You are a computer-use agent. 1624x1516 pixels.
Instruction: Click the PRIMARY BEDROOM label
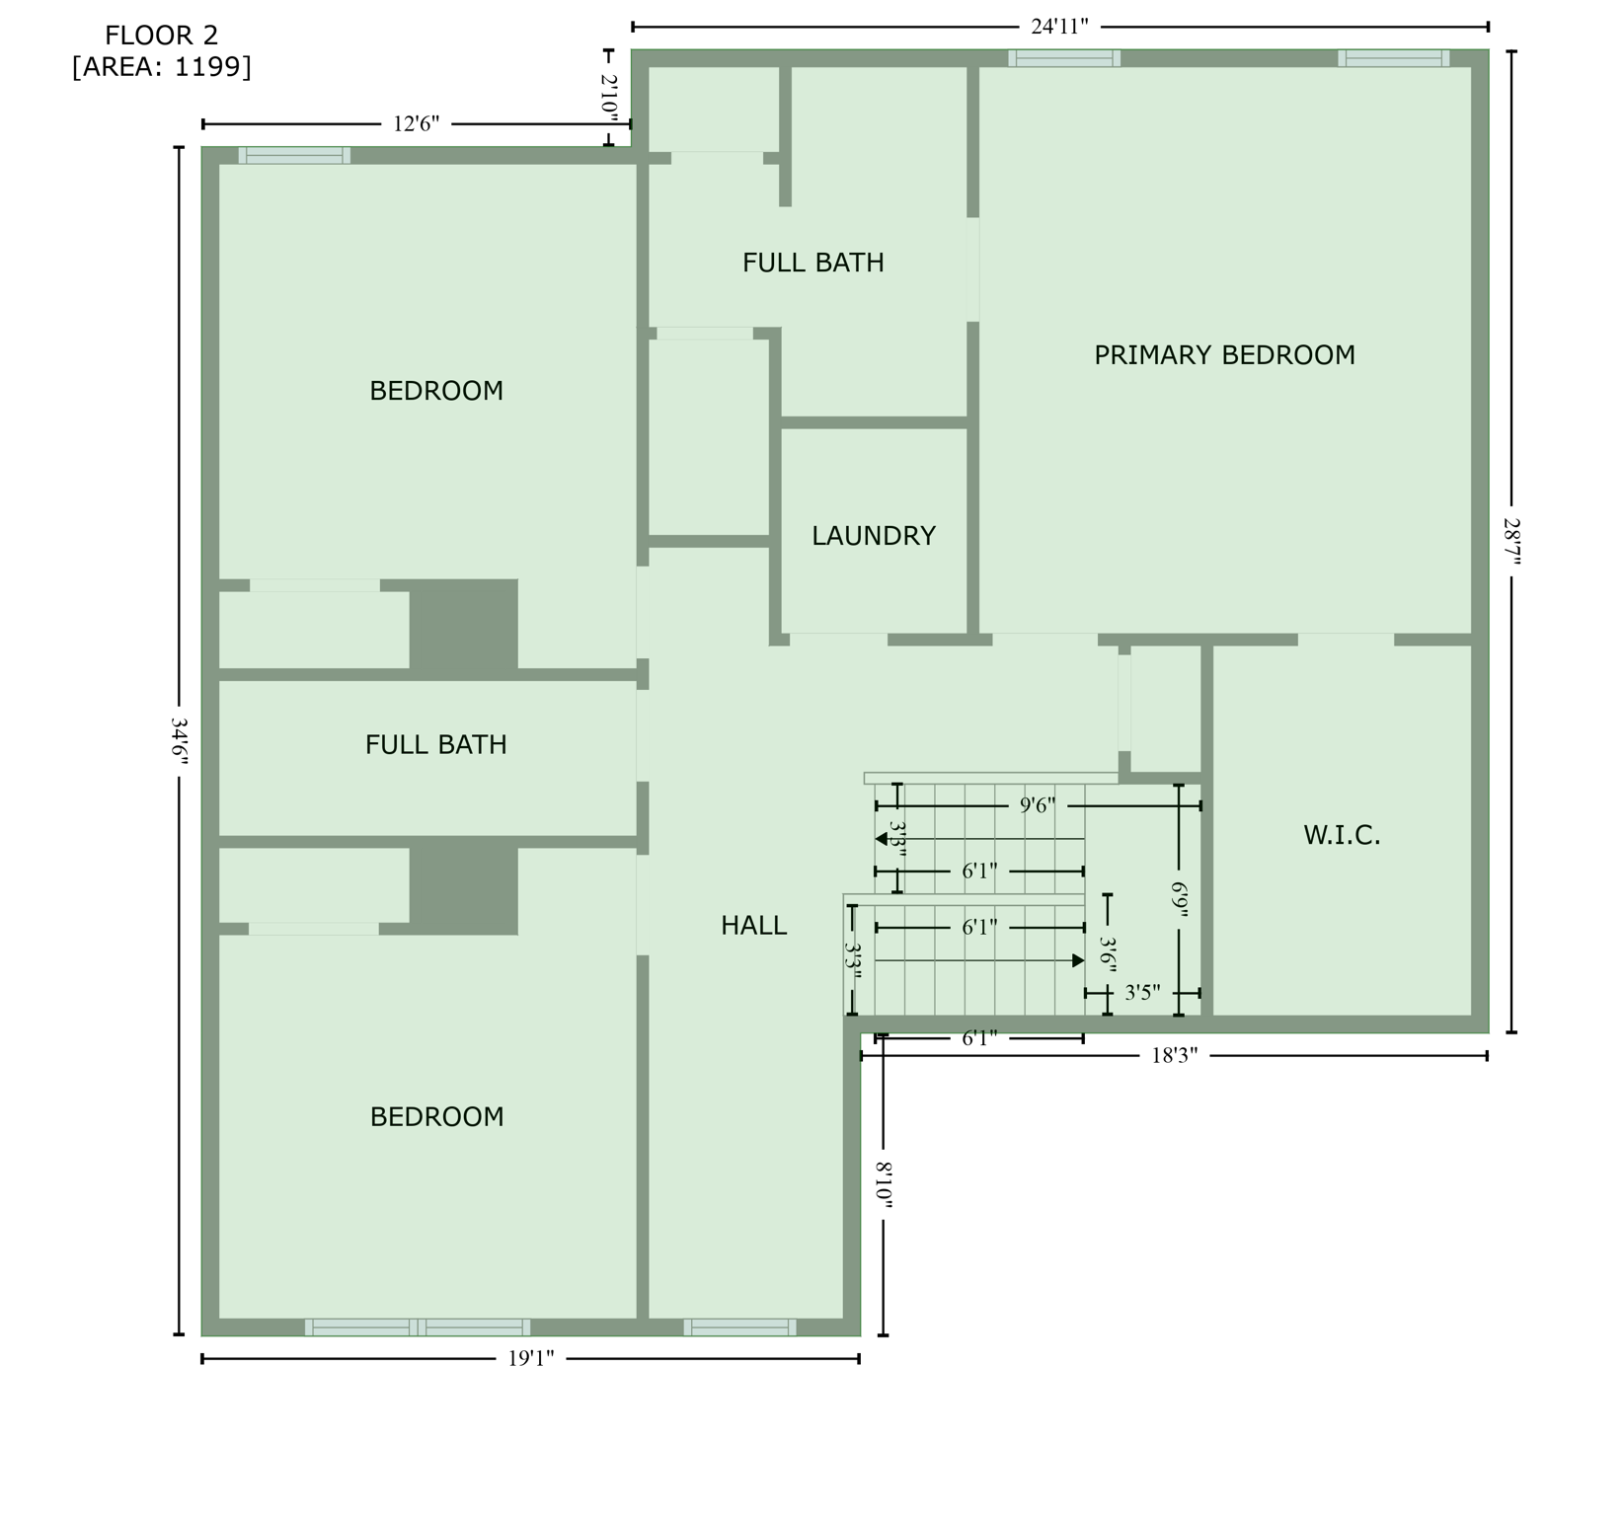coord(1224,355)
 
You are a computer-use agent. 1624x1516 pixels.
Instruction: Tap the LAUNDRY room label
coord(873,536)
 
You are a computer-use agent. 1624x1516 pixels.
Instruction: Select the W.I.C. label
coord(1342,836)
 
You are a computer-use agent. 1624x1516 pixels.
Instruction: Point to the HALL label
coord(753,926)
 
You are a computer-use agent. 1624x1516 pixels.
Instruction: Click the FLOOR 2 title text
coord(162,37)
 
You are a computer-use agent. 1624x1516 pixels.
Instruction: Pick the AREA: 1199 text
coord(162,67)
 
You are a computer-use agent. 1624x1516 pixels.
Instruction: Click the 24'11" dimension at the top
coord(1059,27)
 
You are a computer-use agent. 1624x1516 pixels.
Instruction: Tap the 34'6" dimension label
coord(180,740)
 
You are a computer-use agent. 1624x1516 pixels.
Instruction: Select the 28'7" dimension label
coord(1511,542)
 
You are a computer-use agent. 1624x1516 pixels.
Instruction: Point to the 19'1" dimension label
coord(531,1359)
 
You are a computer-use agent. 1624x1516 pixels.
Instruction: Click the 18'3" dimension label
coord(1174,1056)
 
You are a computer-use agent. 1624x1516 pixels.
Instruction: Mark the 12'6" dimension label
coord(416,124)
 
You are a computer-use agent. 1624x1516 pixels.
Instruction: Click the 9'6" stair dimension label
coord(1038,806)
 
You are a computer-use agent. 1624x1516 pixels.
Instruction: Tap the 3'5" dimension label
coord(1142,993)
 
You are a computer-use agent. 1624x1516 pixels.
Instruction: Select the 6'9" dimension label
coord(1179,899)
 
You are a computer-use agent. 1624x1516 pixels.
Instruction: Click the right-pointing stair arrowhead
coord(1078,960)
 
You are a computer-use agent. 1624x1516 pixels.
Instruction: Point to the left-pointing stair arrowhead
coord(881,839)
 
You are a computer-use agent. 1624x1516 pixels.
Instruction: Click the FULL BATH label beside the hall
coord(435,745)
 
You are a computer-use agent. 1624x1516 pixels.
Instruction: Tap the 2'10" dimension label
coord(609,98)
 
